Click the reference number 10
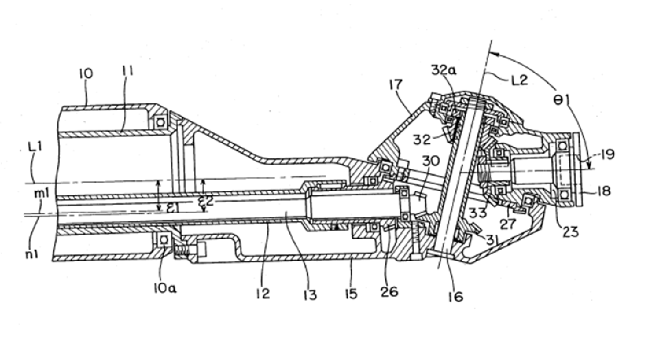tap(86, 74)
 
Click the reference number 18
tap(604, 191)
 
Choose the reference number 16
tap(456, 296)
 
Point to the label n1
tap(32, 254)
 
